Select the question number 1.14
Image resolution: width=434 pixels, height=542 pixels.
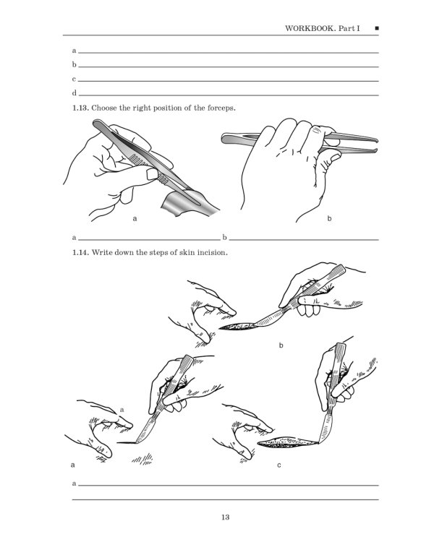click(81, 254)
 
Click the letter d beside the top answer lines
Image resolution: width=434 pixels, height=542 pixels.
click(75, 94)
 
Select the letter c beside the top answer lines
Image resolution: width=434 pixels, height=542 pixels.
click(75, 79)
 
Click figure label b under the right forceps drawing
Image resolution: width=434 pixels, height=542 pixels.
click(329, 218)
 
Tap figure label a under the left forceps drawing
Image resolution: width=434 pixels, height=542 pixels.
click(135, 218)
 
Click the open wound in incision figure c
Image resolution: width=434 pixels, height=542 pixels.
click(286, 442)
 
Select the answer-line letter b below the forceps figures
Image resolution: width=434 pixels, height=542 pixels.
click(225, 237)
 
